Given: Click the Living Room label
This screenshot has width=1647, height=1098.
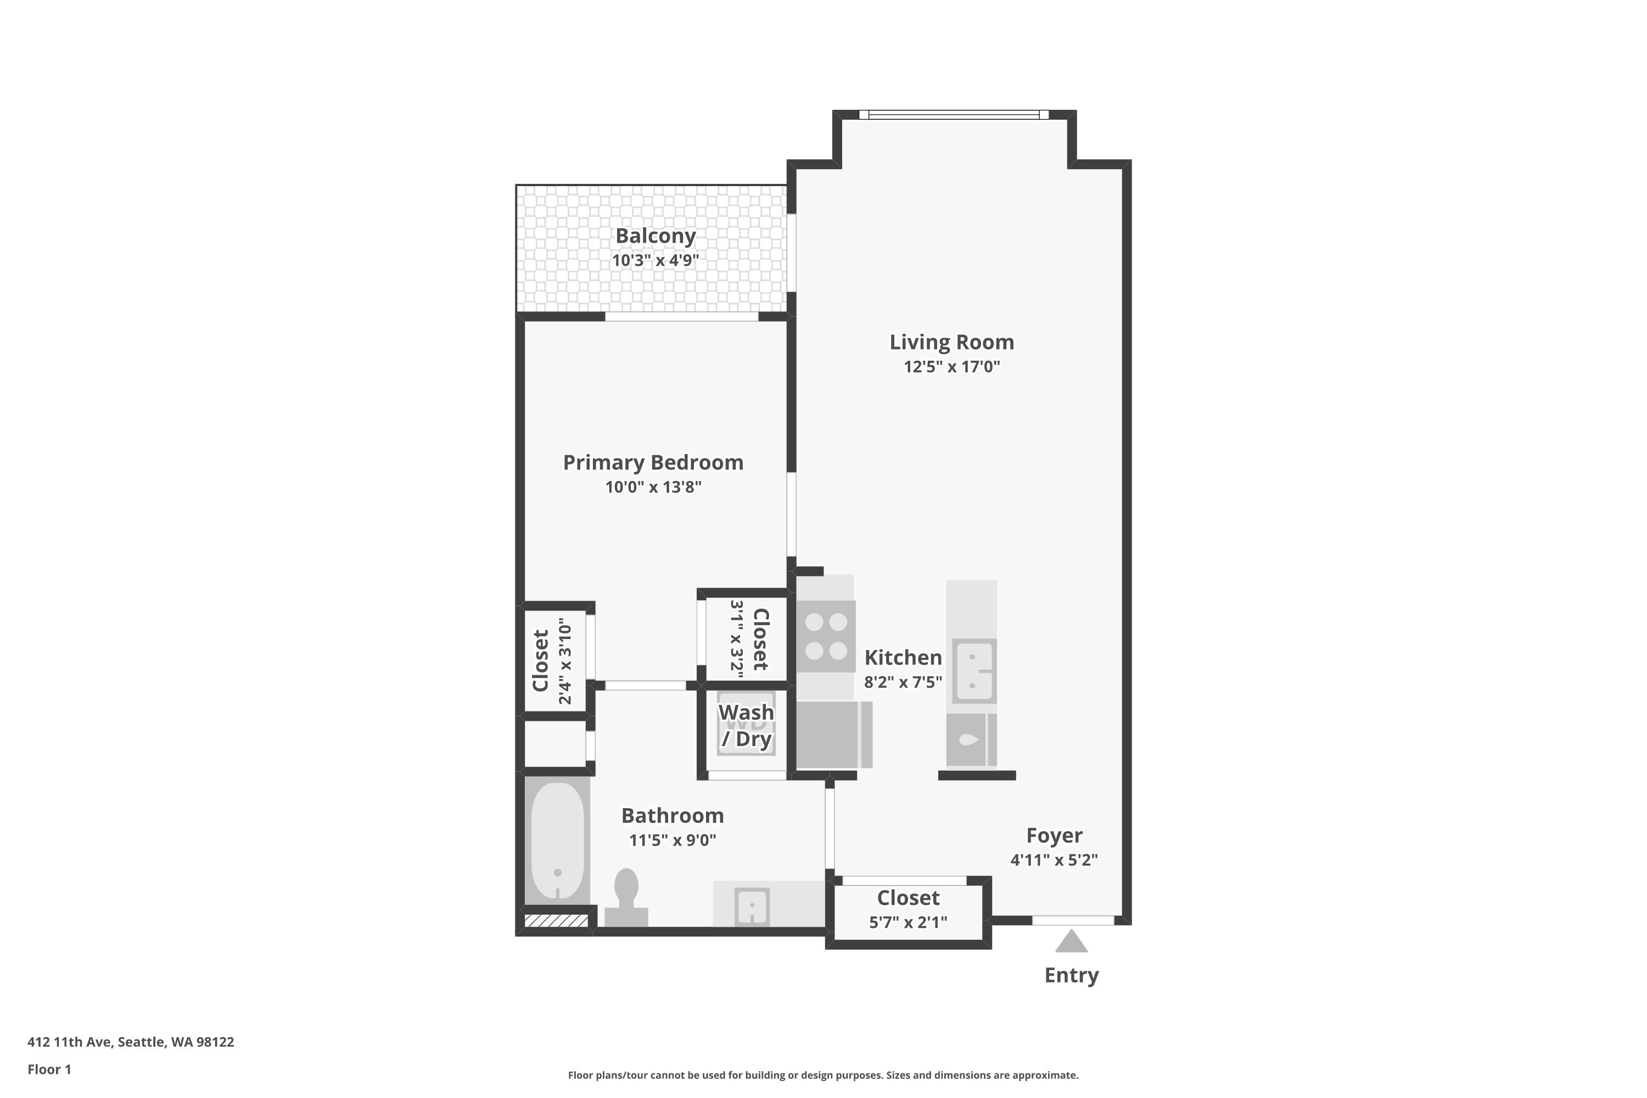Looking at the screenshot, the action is click(x=951, y=343).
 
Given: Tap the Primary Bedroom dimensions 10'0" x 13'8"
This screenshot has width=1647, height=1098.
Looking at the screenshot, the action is click(x=653, y=486).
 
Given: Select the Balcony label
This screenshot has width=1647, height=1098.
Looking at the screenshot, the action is click(x=656, y=236).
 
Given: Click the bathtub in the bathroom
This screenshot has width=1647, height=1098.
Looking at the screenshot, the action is click(x=557, y=841).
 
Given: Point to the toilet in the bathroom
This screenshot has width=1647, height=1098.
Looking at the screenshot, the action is click(x=626, y=898).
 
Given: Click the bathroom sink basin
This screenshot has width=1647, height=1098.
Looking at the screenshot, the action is click(x=752, y=906).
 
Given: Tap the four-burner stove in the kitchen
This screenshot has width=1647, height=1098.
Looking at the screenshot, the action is click(x=826, y=636).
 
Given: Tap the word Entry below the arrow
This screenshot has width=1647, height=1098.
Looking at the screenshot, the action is click(x=1072, y=976).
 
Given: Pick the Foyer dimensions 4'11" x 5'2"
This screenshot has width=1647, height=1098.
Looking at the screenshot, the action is click(x=1054, y=860).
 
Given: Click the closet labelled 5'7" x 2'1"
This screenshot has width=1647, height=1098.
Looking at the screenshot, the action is click(x=908, y=910).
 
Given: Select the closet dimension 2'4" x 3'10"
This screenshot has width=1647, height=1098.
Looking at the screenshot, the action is click(x=565, y=661).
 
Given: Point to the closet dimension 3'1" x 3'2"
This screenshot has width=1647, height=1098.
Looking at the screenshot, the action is click(x=737, y=636).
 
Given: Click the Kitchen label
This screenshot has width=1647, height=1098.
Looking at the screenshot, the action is click(x=903, y=658).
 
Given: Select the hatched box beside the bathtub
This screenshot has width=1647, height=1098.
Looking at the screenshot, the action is click(x=557, y=921).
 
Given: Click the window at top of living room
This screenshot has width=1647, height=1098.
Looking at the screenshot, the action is click(x=954, y=115).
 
